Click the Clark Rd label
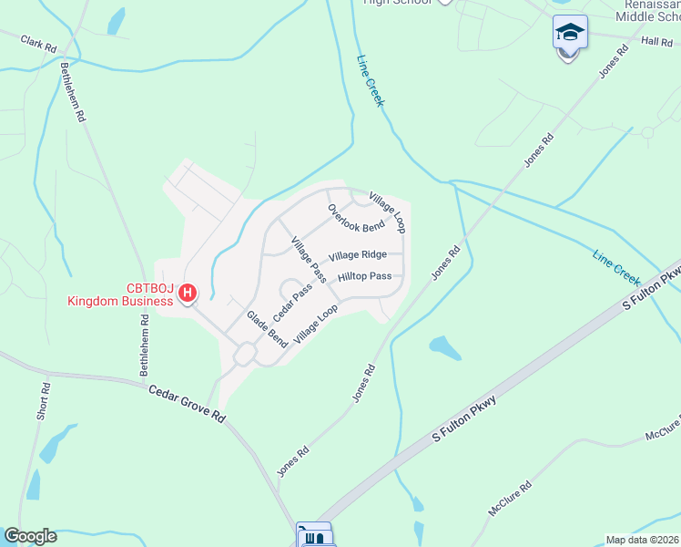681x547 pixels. point(38,43)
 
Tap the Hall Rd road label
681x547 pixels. point(656,41)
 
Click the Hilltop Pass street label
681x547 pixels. point(364,276)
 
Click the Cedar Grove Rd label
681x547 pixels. point(187,402)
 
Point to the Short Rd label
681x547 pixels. point(44,401)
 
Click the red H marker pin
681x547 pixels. point(187,293)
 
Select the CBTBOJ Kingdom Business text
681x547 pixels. point(118,294)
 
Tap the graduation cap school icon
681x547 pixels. point(570,33)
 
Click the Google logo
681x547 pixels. point(30,536)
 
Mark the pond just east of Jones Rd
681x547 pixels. point(444,346)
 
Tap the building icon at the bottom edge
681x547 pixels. point(314,536)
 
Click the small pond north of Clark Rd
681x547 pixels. point(117,20)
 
